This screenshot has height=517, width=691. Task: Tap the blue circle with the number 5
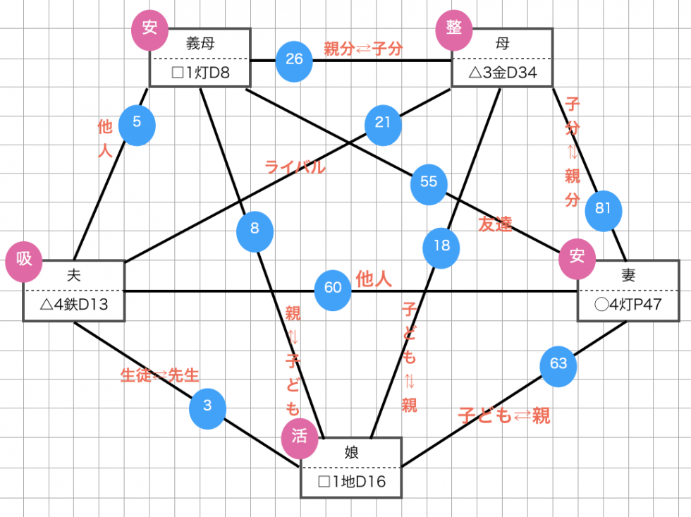(137, 125)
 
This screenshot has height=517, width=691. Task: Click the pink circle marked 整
(454, 30)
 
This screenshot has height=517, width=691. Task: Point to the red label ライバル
(295, 167)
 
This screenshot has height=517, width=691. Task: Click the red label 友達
(495, 224)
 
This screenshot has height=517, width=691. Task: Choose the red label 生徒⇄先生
(159, 375)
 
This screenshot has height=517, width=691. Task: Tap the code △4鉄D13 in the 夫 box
(74, 305)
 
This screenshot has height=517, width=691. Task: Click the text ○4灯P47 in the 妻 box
(628, 305)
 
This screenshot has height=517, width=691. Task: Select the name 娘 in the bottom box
(351, 452)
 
